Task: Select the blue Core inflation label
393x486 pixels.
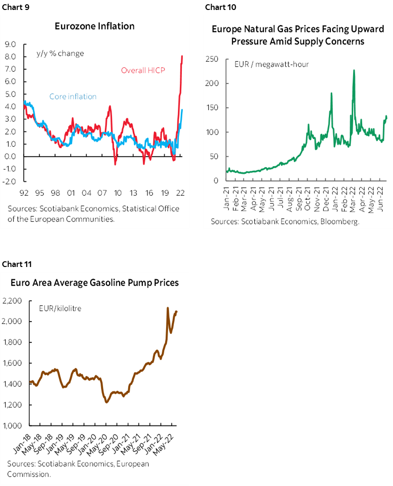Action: coord(73,97)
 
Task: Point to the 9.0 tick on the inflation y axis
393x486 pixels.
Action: coord(10,45)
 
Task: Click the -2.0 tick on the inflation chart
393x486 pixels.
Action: coord(10,181)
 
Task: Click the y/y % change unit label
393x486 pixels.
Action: coord(60,53)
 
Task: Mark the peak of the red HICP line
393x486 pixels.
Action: coord(182,56)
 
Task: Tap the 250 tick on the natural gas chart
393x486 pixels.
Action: coord(212,59)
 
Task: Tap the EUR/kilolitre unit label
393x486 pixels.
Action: coord(60,308)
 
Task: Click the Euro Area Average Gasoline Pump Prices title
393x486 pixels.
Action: coord(95,283)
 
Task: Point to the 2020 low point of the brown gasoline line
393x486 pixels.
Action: coord(106,402)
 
